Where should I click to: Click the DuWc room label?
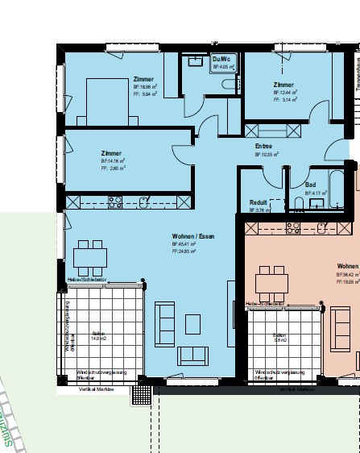point(221,59)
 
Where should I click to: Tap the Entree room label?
point(263,146)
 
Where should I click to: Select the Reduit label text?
point(258,202)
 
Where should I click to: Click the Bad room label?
point(310,185)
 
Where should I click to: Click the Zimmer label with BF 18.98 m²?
point(143,79)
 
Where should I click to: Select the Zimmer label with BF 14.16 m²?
point(111,153)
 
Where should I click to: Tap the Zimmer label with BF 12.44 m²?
point(283,85)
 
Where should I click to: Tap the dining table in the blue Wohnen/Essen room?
point(89,257)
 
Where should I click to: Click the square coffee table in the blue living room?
point(192,323)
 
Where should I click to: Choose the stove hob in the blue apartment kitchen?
point(115,201)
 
